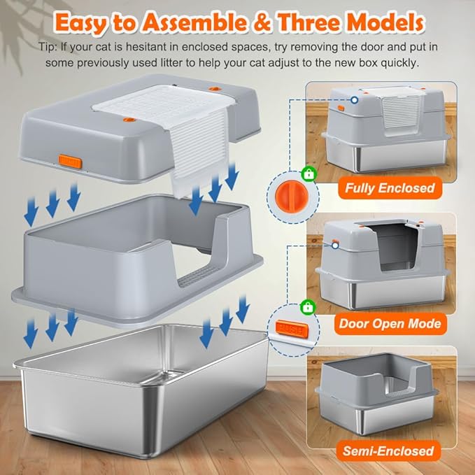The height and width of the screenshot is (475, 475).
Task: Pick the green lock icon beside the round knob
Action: [x=307, y=173]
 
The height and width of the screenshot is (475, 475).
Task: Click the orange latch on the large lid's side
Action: [x=71, y=162]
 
